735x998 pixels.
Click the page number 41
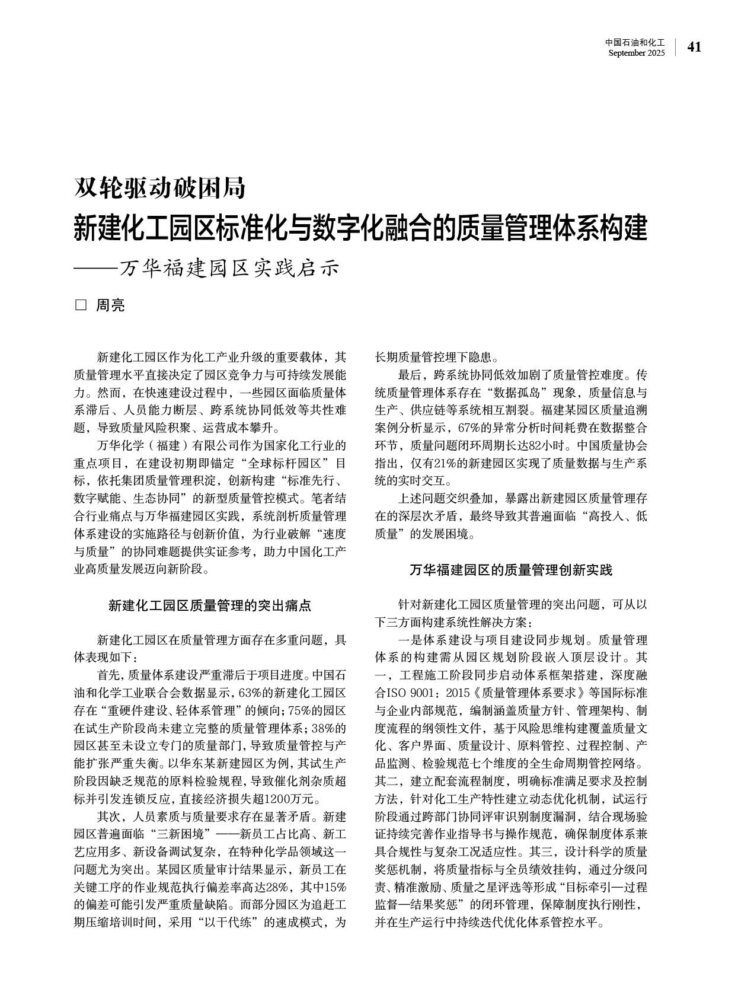point(694,47)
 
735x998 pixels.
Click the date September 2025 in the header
point(637,53)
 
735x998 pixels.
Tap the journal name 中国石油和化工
point(635,43)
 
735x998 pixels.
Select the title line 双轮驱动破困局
point(159,188)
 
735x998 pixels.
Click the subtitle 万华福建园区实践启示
point(229,268)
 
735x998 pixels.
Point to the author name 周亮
point(111,306)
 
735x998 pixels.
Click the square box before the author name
point(81,306)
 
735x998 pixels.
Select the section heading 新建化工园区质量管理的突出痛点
point(210,605)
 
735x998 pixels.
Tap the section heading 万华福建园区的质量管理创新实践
point(511,570)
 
